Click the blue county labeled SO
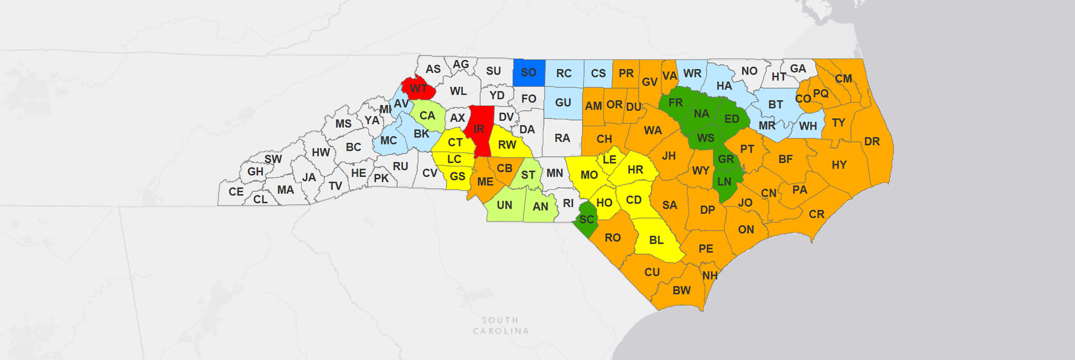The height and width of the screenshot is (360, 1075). [528, 73]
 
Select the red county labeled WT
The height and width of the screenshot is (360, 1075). [418, 89]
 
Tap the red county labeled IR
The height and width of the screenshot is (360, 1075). [479, 129]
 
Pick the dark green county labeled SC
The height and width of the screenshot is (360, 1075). [586, 220]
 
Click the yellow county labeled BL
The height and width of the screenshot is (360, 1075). [656, 240]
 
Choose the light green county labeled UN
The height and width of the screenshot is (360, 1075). [504, 205]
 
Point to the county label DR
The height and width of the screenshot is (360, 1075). [872, 141]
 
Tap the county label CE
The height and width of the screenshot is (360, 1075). [236, 192]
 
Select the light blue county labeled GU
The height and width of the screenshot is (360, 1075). [563, 103]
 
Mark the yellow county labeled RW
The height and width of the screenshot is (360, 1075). [507, 145]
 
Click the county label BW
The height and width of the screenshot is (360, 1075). [682, 291]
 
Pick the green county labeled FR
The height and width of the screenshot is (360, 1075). [675, 103]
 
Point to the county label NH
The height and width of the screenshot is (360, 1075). [710, 276]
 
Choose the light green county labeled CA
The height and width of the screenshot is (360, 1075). [427, 116]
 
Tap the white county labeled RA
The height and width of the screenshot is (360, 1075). [562, 138]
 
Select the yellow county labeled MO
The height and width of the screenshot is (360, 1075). [589, 175]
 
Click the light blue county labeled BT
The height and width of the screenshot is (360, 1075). [775, 105]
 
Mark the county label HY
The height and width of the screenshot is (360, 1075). [839, 165]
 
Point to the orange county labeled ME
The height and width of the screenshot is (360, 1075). [485, 182]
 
